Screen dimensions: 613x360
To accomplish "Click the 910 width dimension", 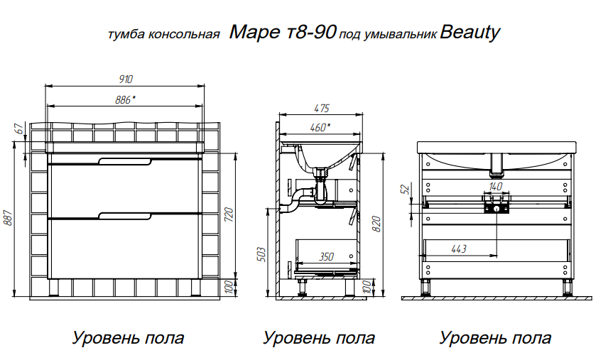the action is pyautogui.click(x=126, y=80).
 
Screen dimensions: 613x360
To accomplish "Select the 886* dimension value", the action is pyautogui.click(x=125, y=100).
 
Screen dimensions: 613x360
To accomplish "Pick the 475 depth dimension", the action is pyautogui.click(x=322, y=108).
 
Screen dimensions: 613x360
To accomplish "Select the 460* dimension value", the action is pyautogui.click(x=320, y=127).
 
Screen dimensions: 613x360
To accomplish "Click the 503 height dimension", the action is pyautogui.click(x=261, y=254).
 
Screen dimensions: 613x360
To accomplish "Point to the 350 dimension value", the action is pyautogui.click(x=326, y=256).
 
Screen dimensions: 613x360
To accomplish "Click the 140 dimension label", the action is pyautogui.click(x=495, y=187).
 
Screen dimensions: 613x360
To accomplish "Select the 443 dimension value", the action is pyautogui.click(x=459, y=249).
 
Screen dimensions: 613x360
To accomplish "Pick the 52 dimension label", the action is pyautogui.click(x=406, y=189).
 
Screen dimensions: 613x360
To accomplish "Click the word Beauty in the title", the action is pyautogui.click(x=470, y=33).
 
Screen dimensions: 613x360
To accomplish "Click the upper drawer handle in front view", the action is pyautogui.click(x=125, y=162).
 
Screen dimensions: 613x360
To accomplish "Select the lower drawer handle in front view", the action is pyautogui.click(x=125, y=217).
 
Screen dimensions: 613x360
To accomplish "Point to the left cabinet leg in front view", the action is pyautogui.click(x=53, y=288).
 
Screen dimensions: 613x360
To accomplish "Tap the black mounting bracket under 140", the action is pyautogui.click(x=497, y=207).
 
